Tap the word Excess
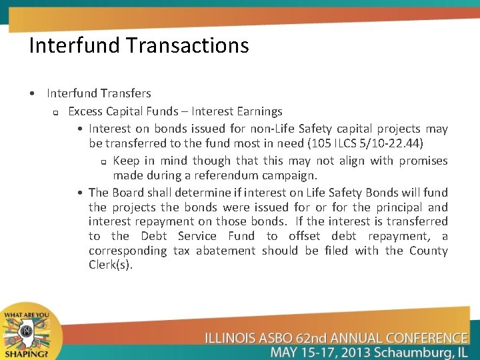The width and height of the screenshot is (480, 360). pyautogui.click(x=85, y=111)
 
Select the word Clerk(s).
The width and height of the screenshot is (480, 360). pyautogui.click(x=111, y=265)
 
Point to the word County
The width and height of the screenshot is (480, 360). pyautogui.click(x=428, y=251)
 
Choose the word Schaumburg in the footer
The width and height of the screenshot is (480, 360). pyautogui.click(x=418, y=351)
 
